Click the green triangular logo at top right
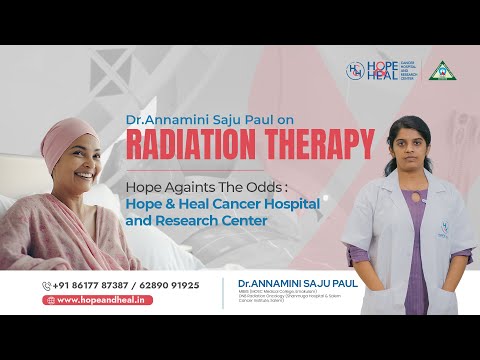438,70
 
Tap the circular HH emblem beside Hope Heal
354,70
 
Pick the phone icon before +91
47,285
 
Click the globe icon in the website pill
48,299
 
